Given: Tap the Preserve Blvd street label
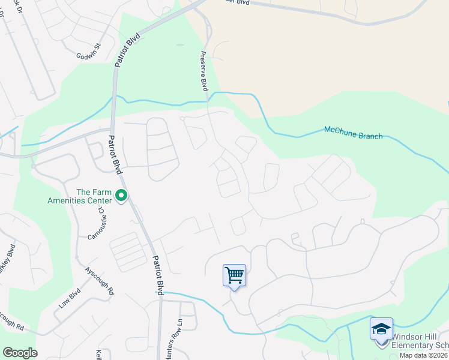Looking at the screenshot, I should pos(203,71).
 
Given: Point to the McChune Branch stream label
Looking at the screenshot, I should pos(353,132).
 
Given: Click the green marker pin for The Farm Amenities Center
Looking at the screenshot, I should pos(121,195).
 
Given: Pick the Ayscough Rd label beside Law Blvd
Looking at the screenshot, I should pos(99,280).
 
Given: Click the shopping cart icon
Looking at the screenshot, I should pos(234,275).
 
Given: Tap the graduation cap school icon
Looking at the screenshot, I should pos(381,329).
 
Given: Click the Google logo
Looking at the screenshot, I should pos(20,353).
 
